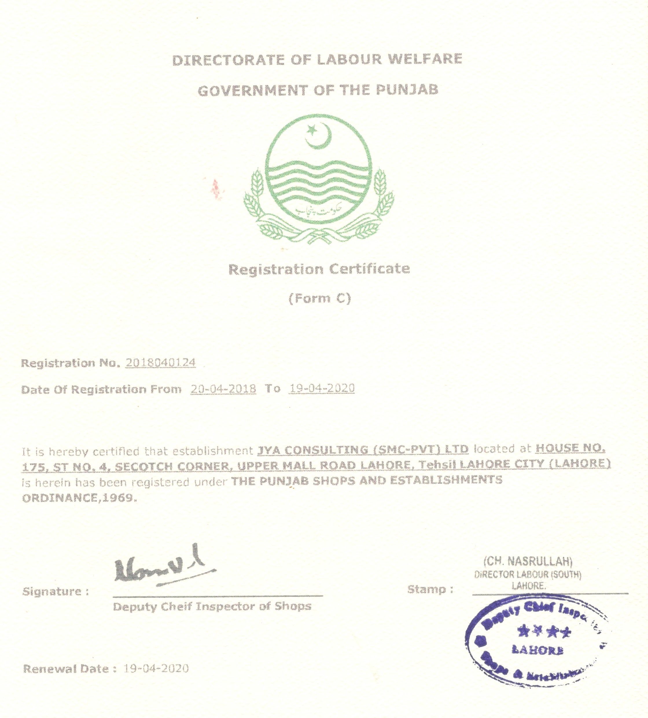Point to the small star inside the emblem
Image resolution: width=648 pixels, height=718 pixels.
[x=312, y=130]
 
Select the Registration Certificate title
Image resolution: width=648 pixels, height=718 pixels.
[x=319, y=269]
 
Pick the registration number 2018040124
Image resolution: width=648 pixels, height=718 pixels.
[x=160, y=363]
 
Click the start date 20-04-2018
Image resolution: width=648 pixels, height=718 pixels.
[x=223, y=389]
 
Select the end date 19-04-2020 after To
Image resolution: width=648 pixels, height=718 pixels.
[x=322, y=388]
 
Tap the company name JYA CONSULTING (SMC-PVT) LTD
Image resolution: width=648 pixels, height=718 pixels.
[x=363, y=450]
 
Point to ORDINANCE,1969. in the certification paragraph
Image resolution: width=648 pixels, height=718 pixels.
[x=79, y=497]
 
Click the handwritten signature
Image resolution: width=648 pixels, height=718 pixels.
[x=164, y=566]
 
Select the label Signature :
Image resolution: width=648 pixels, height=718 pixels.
[x=56, y=592]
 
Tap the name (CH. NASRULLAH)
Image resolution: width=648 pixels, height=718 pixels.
[x=528, y=562]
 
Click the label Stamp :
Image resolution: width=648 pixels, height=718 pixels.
[x=430, y=590]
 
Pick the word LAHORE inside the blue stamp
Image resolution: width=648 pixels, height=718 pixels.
[x=537, y=650]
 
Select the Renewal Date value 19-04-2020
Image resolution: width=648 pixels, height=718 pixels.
[x=156, y=669]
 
